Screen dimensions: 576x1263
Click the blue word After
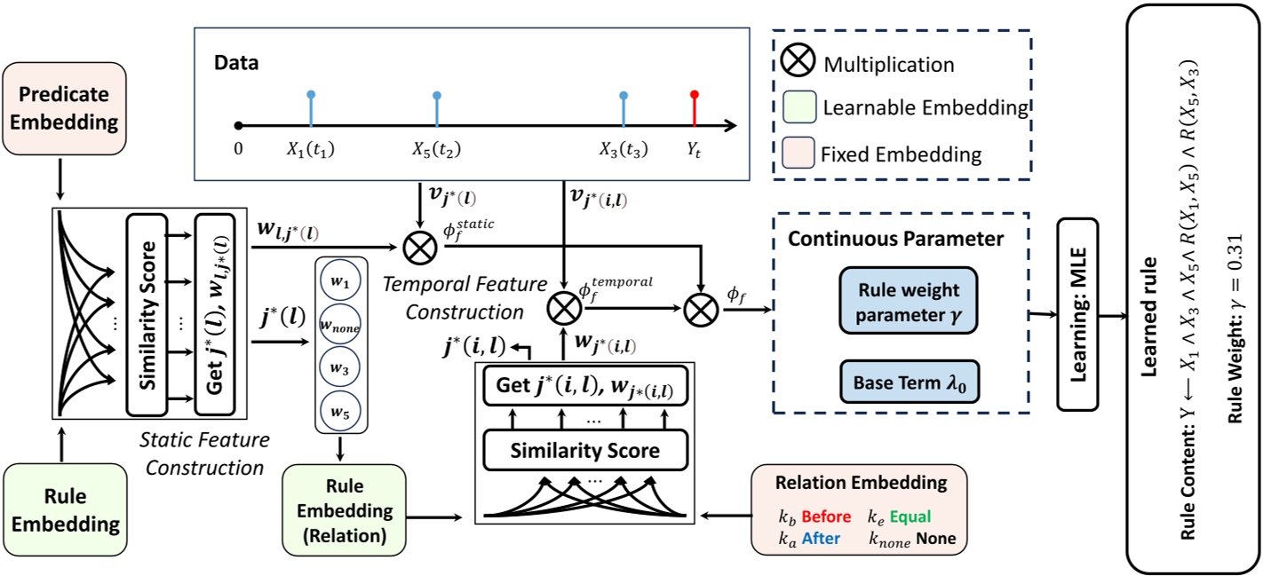(x=819, y=538)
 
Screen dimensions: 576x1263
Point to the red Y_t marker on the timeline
(x=695, y=111)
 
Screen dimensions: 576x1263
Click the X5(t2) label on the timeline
(x=436, y=148)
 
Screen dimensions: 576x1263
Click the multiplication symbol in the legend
(x=797, y=64)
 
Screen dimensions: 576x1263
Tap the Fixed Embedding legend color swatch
(x=797, y=154)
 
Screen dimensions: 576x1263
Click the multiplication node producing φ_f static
(x=417, y=250)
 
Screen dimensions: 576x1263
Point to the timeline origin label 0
(x=238, y=148)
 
